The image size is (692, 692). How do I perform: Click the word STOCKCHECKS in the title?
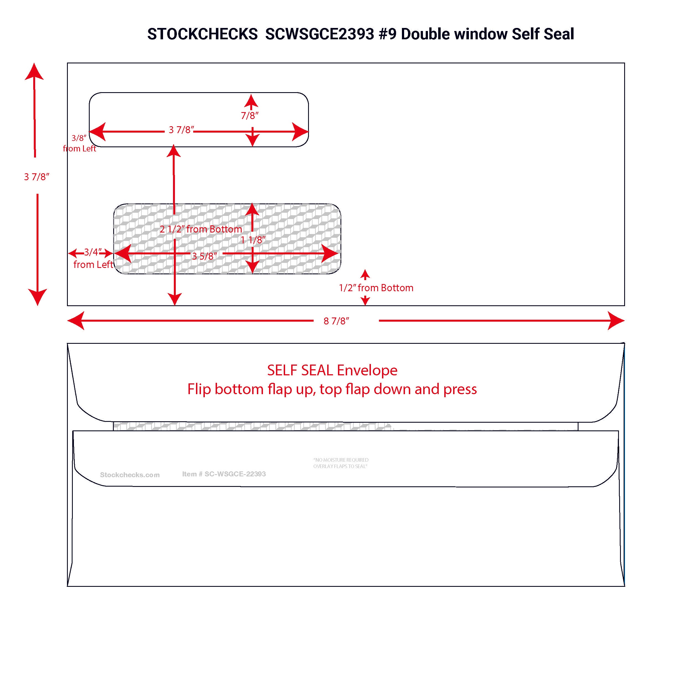pyautogui.click(x=202, y=34)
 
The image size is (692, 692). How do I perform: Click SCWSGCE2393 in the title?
pyautogui.click(x=319, y=34)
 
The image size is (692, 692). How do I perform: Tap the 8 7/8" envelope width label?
pyautogui.click(x=336, y=321)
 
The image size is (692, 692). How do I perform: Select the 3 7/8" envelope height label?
pyautogui.click(x=37, y=177)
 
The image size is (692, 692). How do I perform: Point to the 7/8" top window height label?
pyautogui.click(x=250, y=116)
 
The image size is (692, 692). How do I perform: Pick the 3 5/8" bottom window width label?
pyautogui.click(x=205, y=256)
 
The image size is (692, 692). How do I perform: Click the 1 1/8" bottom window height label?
pyautogui.click(x=253, y=240)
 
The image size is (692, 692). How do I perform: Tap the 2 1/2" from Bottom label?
pyautogui.click(x=201, y=229)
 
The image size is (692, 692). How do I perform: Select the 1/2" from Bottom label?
pyautogui.click(x=376, y=288)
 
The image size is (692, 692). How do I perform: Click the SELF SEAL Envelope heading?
pyautogui.click(x=332, y=370)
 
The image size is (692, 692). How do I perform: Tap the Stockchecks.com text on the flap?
pyautogui.click(x=130, y=475)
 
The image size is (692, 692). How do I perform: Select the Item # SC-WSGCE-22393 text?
pyautogui.click(x=224, y=474)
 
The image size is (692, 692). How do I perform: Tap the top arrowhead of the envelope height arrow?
pyautogui.click(x=34, y=72)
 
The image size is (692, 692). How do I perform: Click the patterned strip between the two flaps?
pyautogui.click(x=251, y=426)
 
